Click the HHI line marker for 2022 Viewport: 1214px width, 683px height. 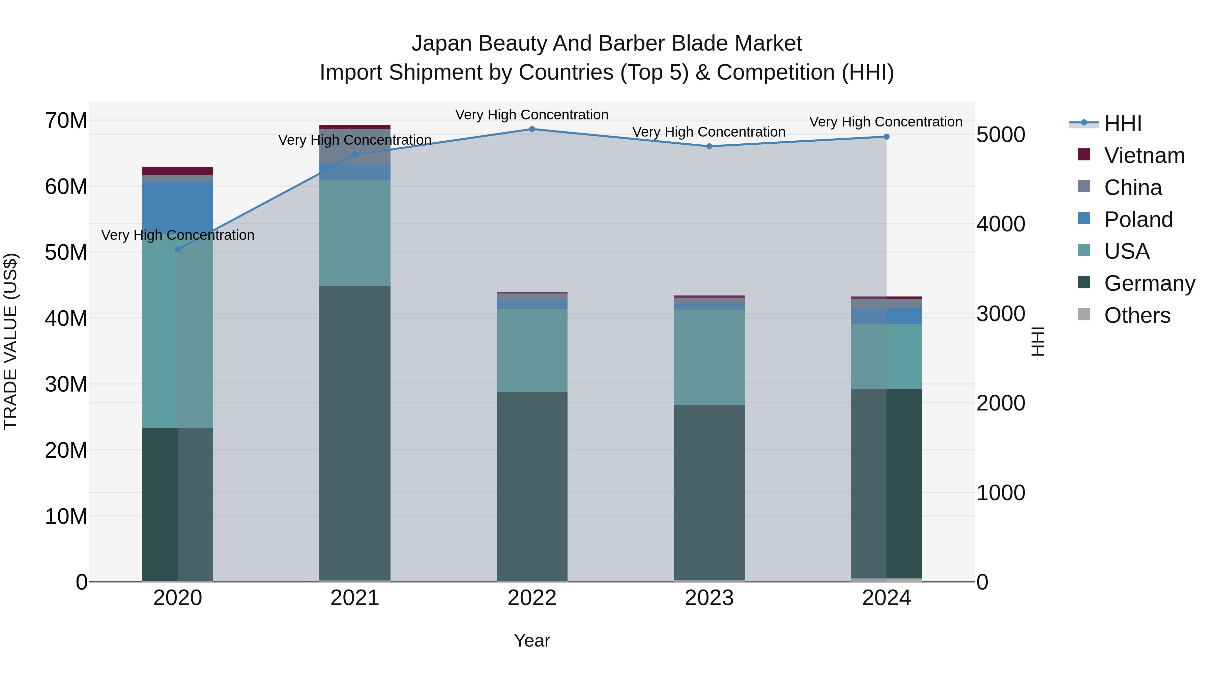[532, 129]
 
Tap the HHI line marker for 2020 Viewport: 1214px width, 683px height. [178, 249]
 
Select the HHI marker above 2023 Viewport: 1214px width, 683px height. [709, 146]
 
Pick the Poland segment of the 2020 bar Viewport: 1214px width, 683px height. [178, 207]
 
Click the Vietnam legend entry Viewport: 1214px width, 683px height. [1144, 155]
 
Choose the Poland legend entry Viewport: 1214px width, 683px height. [1138, 220]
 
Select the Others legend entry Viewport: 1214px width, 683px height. [1137, 315]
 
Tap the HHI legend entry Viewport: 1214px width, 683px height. [1123, 123]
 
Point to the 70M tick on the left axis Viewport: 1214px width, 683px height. [66, 121]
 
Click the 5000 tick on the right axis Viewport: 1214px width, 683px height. [1001, 135]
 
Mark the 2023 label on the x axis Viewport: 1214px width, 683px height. [709, 598]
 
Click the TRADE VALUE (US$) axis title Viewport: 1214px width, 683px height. [11, 341]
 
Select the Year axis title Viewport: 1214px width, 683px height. [532, 641]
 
